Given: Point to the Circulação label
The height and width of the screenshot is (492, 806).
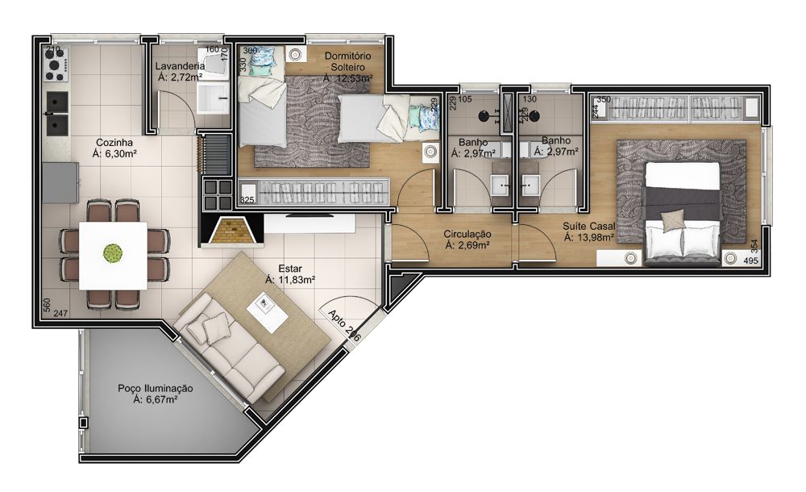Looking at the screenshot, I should click(467, 235).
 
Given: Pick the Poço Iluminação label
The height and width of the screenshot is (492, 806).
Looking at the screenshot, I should click(155, 388).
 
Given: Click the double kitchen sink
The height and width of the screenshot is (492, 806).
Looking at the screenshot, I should click(56, 113).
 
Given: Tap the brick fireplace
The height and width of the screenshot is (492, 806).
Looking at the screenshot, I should click(231, 231).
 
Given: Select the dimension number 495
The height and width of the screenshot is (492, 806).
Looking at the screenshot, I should click(750, 261).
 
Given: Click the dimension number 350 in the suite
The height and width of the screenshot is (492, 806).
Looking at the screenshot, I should click(604, 99).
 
